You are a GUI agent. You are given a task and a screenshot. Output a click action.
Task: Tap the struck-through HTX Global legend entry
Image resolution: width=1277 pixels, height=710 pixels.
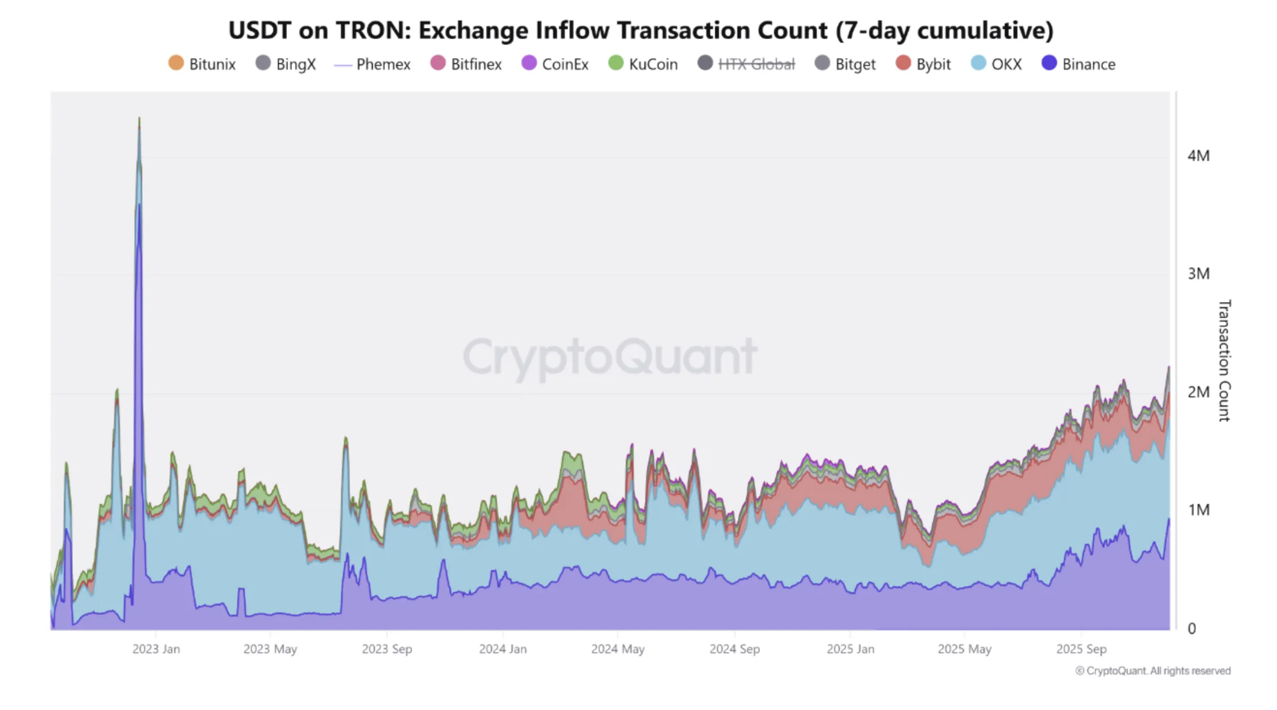(x=747, y=64)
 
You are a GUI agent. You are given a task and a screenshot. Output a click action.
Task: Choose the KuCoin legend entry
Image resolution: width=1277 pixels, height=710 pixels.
(x=643, y=64)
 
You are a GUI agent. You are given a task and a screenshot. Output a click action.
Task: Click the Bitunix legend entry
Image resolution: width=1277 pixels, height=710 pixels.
(x=202, y=64)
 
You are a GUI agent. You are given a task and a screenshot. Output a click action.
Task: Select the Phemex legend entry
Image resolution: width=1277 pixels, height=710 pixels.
(x=372, y=64)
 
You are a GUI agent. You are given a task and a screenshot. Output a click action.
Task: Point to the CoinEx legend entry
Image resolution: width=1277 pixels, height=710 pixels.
(x=555, y=64)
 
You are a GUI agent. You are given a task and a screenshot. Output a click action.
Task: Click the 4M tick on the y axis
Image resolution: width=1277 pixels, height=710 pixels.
(x=1198, y=155)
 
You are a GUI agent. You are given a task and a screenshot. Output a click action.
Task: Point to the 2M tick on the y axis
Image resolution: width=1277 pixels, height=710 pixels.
(x=1198, y=392)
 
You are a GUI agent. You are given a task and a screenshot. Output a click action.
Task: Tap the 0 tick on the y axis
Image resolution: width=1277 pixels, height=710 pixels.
(x=1191, y=628)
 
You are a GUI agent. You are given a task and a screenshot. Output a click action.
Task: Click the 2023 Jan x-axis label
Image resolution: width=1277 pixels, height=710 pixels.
(x=156, y=649)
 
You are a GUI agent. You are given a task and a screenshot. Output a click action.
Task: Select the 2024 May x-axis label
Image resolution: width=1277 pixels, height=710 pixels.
(x=617, y=649)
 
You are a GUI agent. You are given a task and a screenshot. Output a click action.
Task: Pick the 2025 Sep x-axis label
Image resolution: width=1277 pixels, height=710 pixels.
(x=1081, y=649)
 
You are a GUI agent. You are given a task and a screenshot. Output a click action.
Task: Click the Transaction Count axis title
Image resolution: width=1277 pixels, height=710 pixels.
(x=1224, y=360)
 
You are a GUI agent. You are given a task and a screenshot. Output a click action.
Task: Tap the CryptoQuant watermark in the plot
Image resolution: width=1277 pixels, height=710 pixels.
(x=610, y=356)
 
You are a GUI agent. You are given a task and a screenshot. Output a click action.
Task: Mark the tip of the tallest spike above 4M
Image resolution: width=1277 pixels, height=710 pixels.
(x=139, y=118)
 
